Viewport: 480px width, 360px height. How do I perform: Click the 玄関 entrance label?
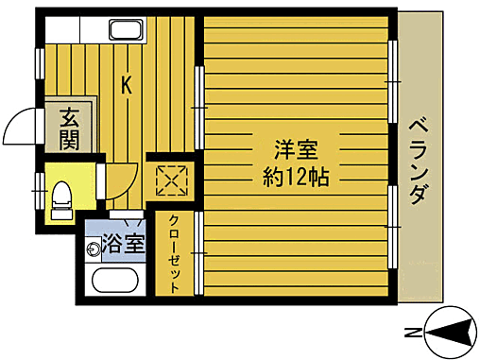point(69,130)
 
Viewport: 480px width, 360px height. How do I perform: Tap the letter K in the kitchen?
point(126,85)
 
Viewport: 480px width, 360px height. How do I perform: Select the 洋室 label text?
point(296,150)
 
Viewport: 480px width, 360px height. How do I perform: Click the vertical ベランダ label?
point(420,162)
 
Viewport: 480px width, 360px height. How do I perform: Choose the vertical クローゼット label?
point(176,252)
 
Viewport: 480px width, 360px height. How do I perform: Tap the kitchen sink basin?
point(125,29)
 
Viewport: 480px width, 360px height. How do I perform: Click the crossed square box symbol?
point(172,177)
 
